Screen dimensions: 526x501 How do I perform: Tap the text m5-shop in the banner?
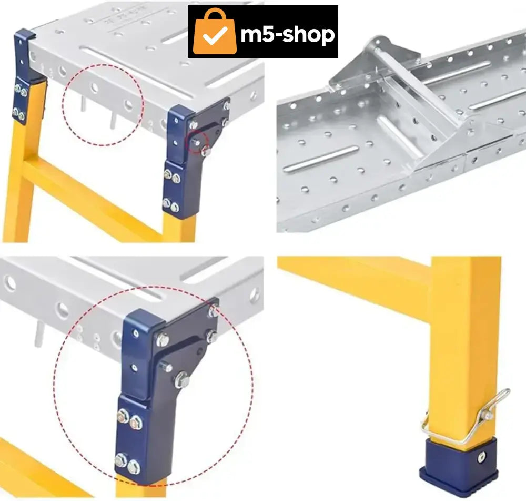(288, 34)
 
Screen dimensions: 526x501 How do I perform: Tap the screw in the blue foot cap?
(481, 456)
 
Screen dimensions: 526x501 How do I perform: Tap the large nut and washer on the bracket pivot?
(182, 380)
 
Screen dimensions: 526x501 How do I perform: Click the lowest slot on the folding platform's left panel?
(321, 159)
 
